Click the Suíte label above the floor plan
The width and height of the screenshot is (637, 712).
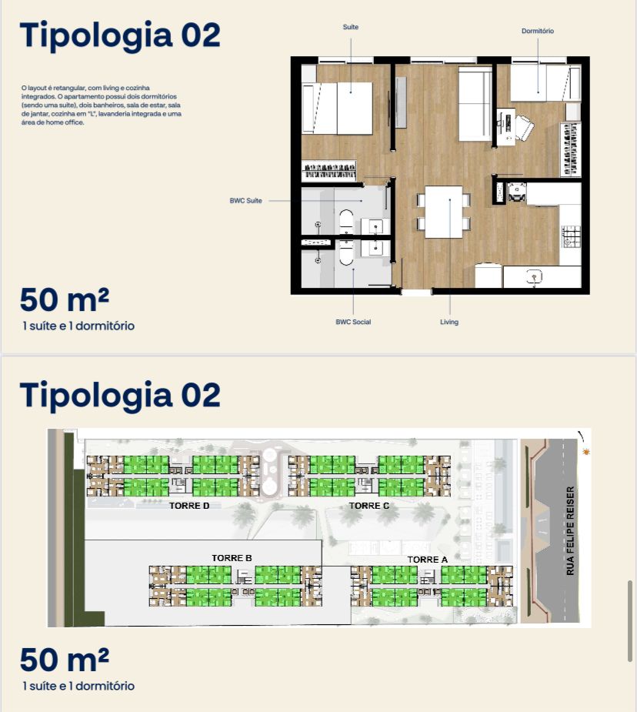pyautogui.click(x=350, y=27)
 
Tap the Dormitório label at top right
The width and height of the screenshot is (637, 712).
pyautogui.click(x=538, y=31)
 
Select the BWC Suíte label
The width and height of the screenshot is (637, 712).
pyautogui.click(x=245, y=200)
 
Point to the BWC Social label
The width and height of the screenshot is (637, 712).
pyautogui.click(x=353, y=322)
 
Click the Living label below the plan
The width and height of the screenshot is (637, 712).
pyautogui.click(x=449, y=322)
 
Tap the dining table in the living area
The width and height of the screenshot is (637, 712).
pyautogui.click(x=444, y=212)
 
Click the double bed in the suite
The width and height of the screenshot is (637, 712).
pyautogui.click(x=337, y=108)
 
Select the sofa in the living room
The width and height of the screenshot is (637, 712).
pyautogui.click(x=475, y=104)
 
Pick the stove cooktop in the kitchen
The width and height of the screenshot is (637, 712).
pyautogui.click(x=571, y=236)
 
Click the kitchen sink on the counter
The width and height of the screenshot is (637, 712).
pyautogui.click(x=535, y=276)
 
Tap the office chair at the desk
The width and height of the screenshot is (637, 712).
pyautogui.click(x=523, y=128)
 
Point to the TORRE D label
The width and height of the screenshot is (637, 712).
pyautogui.click(x=189, y=506)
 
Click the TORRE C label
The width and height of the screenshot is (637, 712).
pyautogui.click(x=369, y=506)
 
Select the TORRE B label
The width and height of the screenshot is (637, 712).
pyautogui.click(x=232, y=557)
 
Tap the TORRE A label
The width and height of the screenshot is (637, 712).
pyautogui.click(x=428, y=560)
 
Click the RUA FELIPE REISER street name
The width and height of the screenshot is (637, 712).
pyautogui.click(x=570, y=531)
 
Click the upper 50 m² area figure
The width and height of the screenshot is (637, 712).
pyautogui.click(x=65, y=299)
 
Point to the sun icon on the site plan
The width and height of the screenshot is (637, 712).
pyautogui.click(x=586, y=452)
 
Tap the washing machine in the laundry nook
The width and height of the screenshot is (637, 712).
pyautogui.click(x=516, y=192)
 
